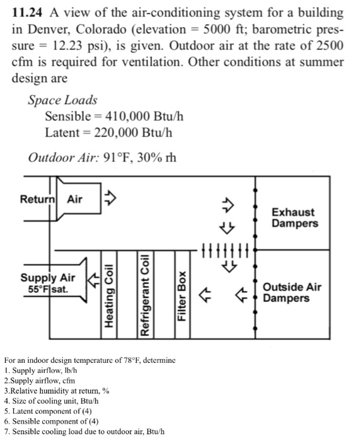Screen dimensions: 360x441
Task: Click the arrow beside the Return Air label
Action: (x=108, y=197)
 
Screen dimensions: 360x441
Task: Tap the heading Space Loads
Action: (x=62, y=100)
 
